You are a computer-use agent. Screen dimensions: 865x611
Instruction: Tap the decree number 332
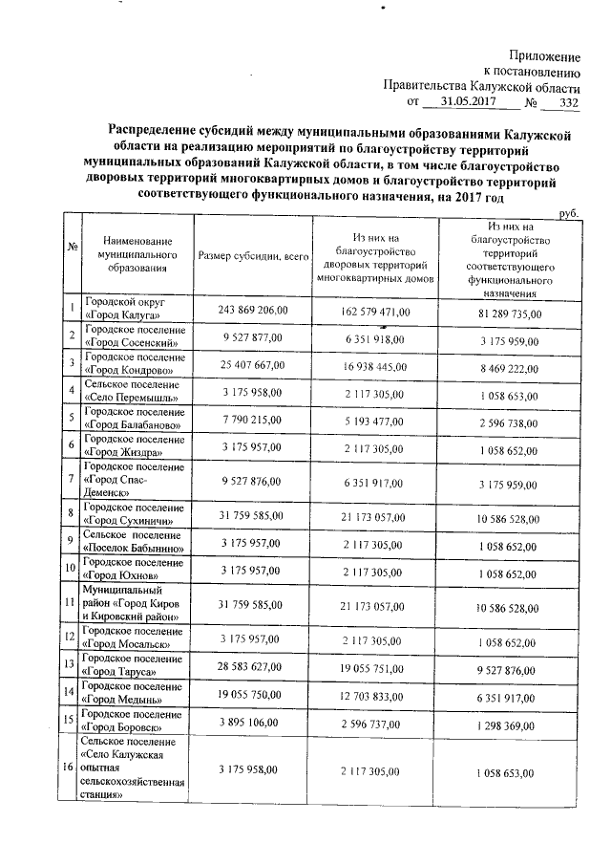(x=568, y=101)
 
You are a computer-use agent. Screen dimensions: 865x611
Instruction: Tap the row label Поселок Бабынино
(x=133, y=544)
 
